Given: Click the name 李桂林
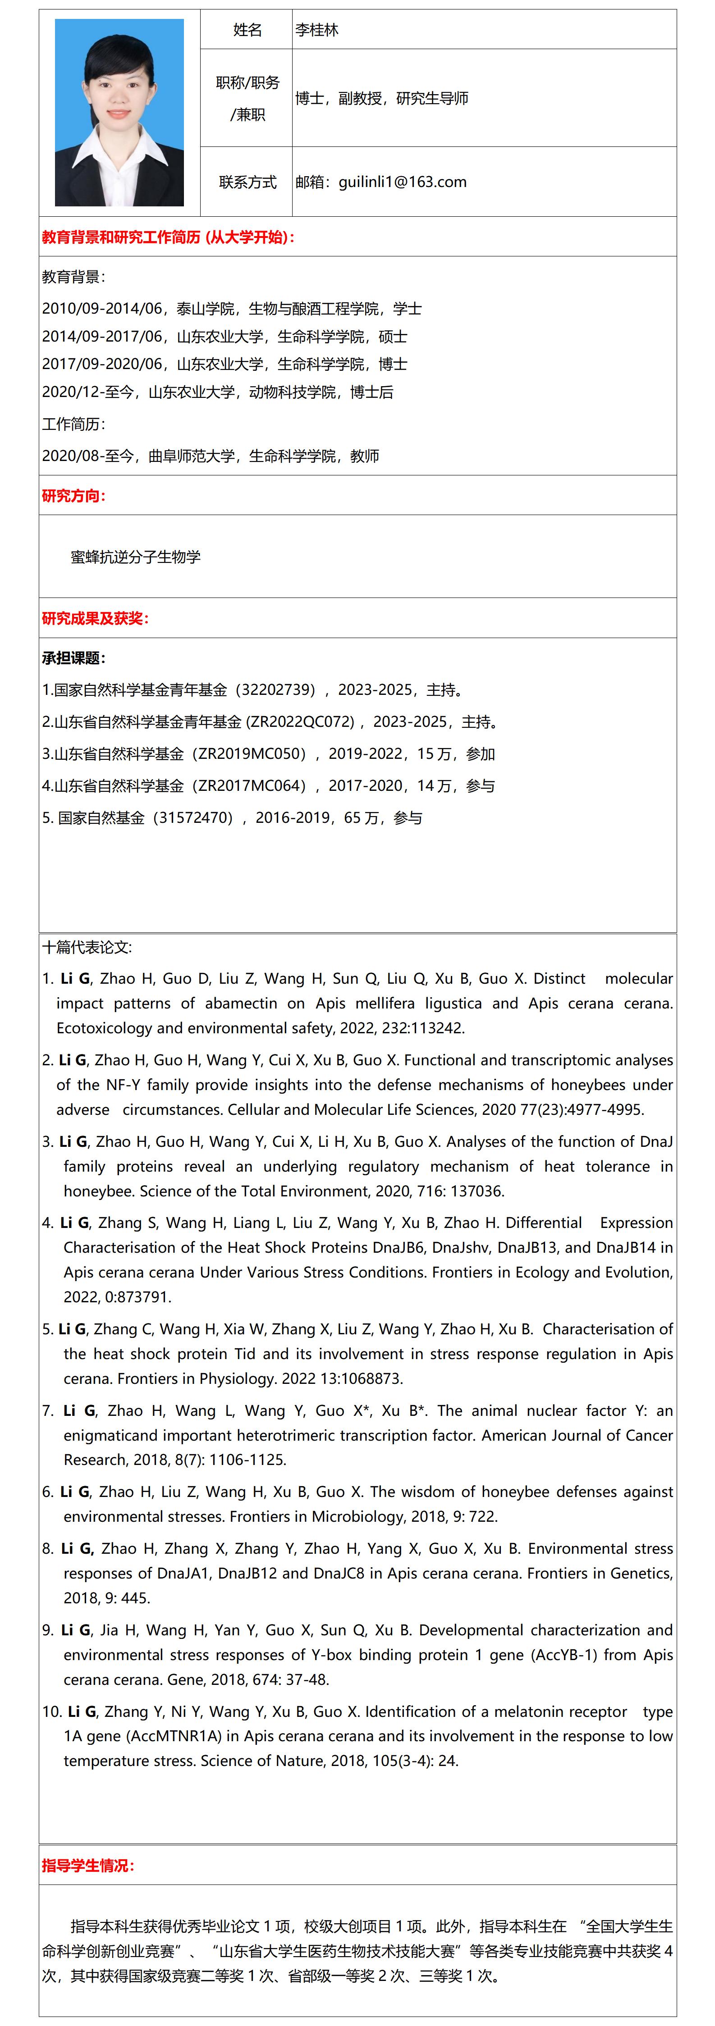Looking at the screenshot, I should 317,30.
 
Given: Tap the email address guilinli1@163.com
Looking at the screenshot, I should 402,182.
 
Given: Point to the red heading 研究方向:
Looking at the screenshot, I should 73,496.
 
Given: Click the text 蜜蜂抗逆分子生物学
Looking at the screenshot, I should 135,557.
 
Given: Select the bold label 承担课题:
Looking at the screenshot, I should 73,657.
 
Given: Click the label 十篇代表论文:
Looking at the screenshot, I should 87,947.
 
